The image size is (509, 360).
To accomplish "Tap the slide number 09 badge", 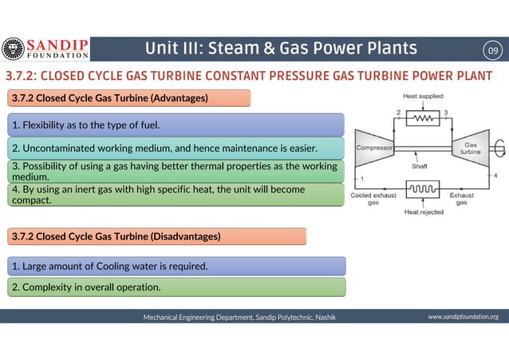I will tap(493, 51).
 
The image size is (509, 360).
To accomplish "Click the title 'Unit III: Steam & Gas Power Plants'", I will tap(280, 49).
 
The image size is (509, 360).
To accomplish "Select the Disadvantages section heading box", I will tap(156, 236).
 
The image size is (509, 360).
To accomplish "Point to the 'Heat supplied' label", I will tap(423, 97).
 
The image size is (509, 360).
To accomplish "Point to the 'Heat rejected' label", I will tap(424, 212).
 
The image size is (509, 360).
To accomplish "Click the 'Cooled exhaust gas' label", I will tap(373, 198).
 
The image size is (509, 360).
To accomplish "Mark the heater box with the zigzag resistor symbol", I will tap(423, 118).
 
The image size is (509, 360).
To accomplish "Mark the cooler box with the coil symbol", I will tap(423, 190).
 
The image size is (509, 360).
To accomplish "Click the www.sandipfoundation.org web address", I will tap(463, 317).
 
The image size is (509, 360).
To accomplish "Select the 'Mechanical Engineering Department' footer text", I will tap(239, 317).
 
